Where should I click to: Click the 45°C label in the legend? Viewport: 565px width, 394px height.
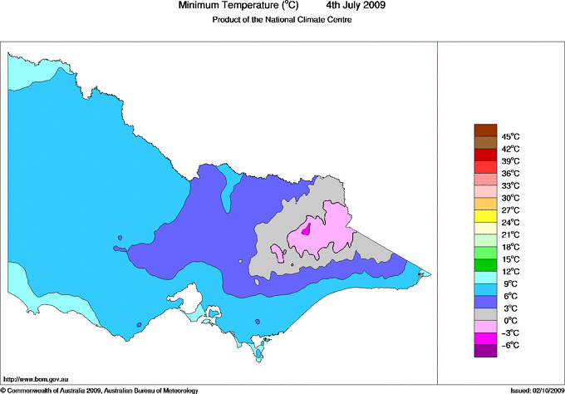click(510, 136)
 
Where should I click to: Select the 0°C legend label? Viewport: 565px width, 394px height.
click(509, 320)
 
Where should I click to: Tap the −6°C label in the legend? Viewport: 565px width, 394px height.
click(509, 345)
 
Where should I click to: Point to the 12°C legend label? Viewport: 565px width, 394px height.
click(510, 271)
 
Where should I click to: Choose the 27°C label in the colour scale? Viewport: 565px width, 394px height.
click(510, 210)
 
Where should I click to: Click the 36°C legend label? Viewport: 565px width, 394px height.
click(510, 173)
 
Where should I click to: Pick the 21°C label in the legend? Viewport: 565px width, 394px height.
click(510, 234)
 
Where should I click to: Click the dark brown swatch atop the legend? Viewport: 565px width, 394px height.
click(484, 130)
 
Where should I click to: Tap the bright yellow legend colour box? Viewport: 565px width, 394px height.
click(484, 215)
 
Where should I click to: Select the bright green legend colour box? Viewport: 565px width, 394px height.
click(484, 264)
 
